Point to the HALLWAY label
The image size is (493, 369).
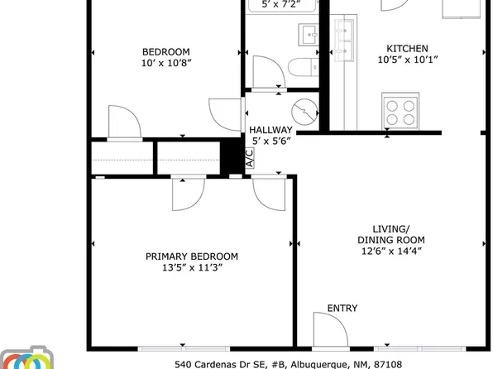coord(270,130)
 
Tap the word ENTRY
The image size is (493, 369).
coord(342,309)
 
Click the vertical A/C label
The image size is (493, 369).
coord(250,158)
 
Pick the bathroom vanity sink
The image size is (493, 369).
coord(310,34)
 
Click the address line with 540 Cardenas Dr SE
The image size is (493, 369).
coord(288,363)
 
